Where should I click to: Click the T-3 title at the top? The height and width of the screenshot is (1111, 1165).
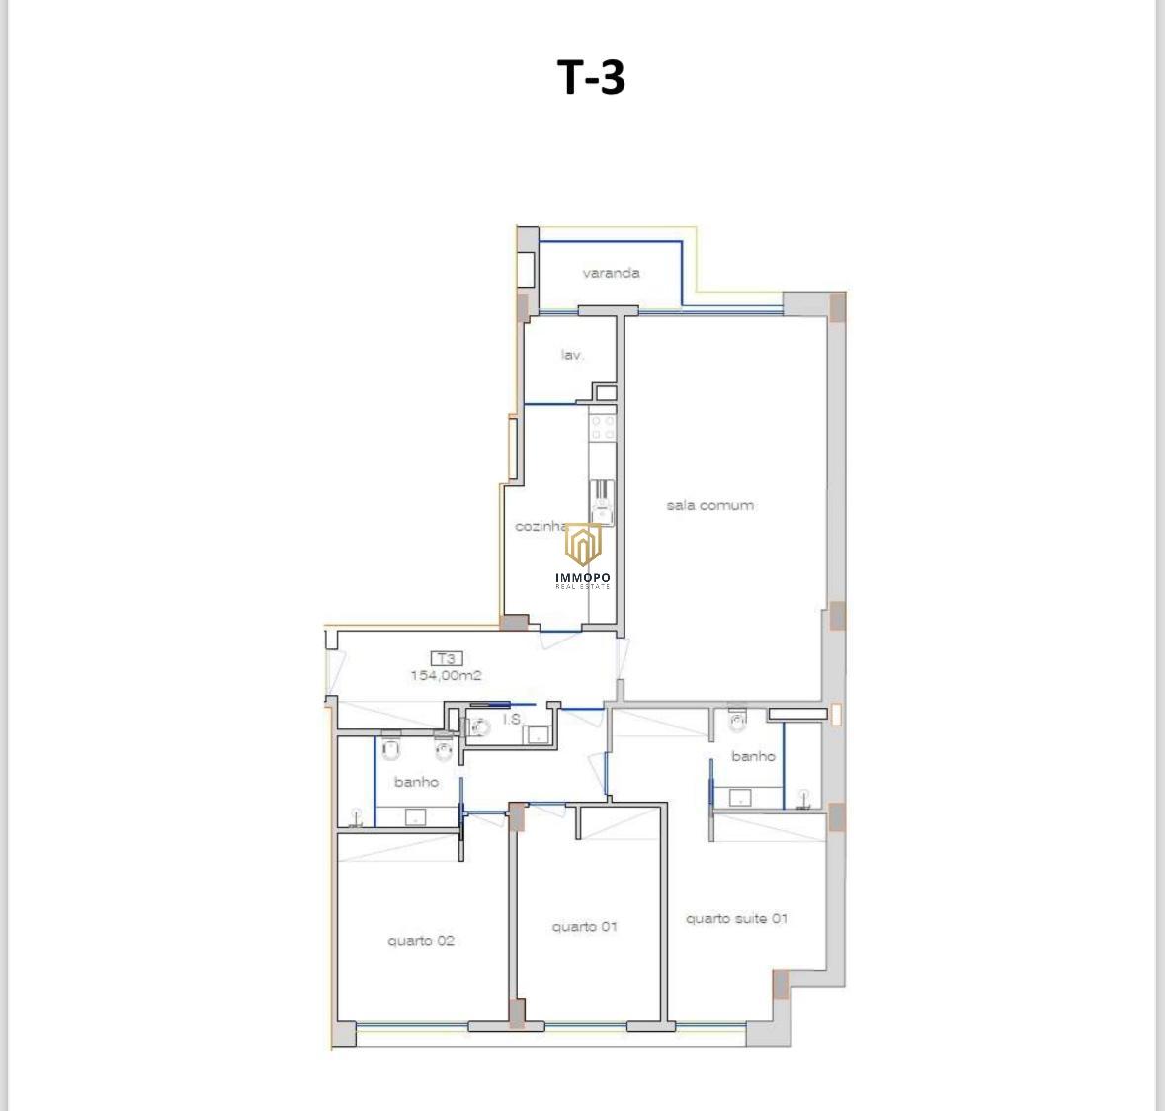tap(591, 76)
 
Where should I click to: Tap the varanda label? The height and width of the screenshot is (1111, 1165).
tap(611, 273)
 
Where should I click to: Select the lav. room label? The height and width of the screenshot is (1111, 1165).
tap(571, 355)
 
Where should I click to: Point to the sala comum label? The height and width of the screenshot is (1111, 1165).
tap(709, 505)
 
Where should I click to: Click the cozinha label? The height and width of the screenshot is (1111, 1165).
tap(541, 526)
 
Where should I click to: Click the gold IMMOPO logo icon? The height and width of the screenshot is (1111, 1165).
tap(583, 544)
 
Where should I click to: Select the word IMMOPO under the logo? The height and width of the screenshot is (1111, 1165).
tap(583, 577)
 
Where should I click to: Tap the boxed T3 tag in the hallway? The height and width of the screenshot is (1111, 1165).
tap(446, 658)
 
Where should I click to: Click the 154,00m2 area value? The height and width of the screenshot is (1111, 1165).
tap(446, 675)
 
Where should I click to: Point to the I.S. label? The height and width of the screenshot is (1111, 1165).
tap(512, 719)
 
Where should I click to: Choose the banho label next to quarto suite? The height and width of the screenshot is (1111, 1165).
tap(753, 756)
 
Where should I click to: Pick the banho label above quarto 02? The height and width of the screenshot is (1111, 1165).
tap(416, 782)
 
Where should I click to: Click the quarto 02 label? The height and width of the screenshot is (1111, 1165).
tap(421, 941)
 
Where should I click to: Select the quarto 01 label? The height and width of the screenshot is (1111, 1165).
tap(584, 927)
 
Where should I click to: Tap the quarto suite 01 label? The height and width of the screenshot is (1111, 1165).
tap(736, 918)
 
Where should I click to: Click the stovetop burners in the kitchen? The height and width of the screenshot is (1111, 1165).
tap(603, 427)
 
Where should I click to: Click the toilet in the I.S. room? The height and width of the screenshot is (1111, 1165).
tap(480, 726)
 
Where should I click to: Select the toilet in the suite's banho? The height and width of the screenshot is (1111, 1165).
tap(737, 720)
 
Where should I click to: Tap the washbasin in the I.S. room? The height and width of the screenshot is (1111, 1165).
tap(537, 735)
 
